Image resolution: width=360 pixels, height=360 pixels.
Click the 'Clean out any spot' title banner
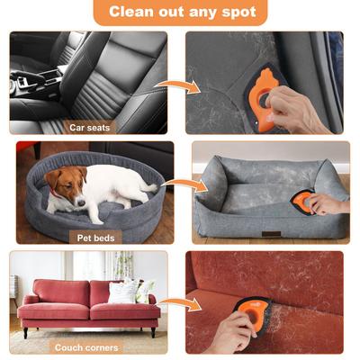181,12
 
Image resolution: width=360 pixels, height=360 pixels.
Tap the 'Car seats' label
89,128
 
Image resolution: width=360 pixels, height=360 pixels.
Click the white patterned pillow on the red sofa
121,290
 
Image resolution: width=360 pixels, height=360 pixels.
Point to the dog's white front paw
97,219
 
